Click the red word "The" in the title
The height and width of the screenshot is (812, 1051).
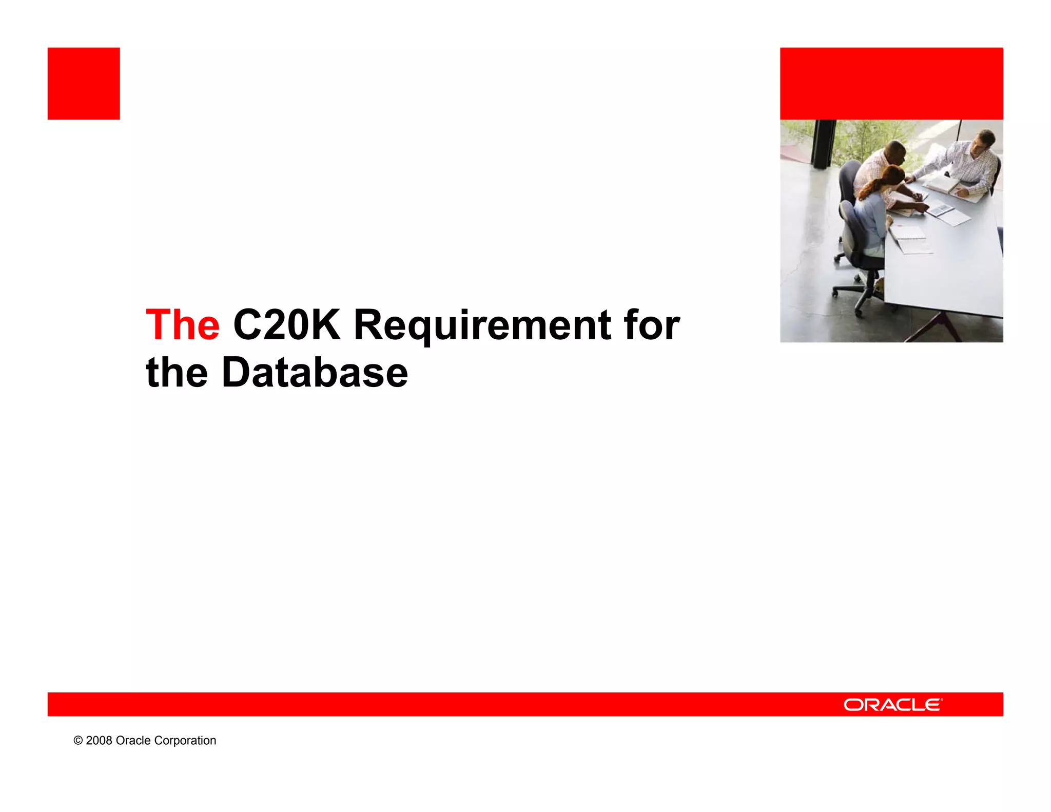[x=183, y=325]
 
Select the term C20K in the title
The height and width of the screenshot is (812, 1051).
[x=286, y=325]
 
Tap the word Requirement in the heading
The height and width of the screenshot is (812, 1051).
[x=482, y=326]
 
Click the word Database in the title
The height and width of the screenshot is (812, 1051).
[x=315, y=372]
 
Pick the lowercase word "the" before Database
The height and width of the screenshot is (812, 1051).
[x=177, y=372]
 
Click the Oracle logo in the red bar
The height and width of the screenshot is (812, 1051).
[x=892, y=705]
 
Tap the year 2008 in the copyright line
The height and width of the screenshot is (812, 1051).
[x=99, y=741]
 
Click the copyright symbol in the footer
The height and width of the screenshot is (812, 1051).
[x=78, y=741]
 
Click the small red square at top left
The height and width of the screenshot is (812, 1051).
[x=84, y=84]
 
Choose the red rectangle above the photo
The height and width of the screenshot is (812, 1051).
[x=891, y=84]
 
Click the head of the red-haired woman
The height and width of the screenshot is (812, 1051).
[x=891, y=177]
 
